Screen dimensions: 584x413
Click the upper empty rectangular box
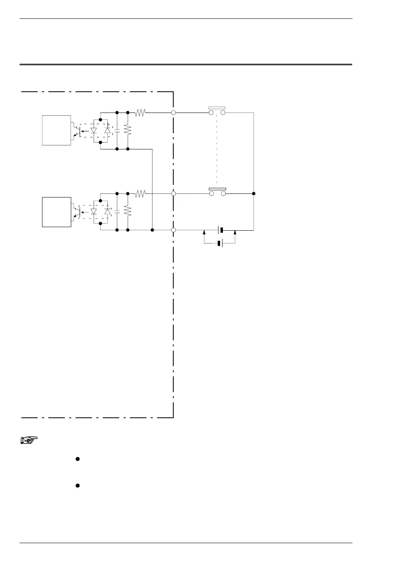coord(56,130)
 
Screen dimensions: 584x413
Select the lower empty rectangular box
coord(56,212)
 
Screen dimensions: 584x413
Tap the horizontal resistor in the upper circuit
coord(140,113)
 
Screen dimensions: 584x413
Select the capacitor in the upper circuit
coord(117,131)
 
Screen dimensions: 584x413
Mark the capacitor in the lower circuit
coord(117,211)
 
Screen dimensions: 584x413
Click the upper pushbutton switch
coord(217,111)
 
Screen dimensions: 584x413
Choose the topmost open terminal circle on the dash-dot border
coord(174,113)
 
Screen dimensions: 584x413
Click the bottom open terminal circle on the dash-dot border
coord(174,230)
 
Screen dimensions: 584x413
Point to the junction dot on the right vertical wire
coord(254,193)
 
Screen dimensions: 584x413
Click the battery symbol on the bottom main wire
coord(220,230)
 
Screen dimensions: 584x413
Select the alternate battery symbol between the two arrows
coord(220,244)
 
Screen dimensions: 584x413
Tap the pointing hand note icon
coord(28,441)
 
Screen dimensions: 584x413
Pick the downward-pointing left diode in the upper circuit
coord(94,131)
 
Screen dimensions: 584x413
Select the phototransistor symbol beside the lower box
coord(76,212)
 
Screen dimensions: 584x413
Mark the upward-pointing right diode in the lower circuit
coord(107,211)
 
